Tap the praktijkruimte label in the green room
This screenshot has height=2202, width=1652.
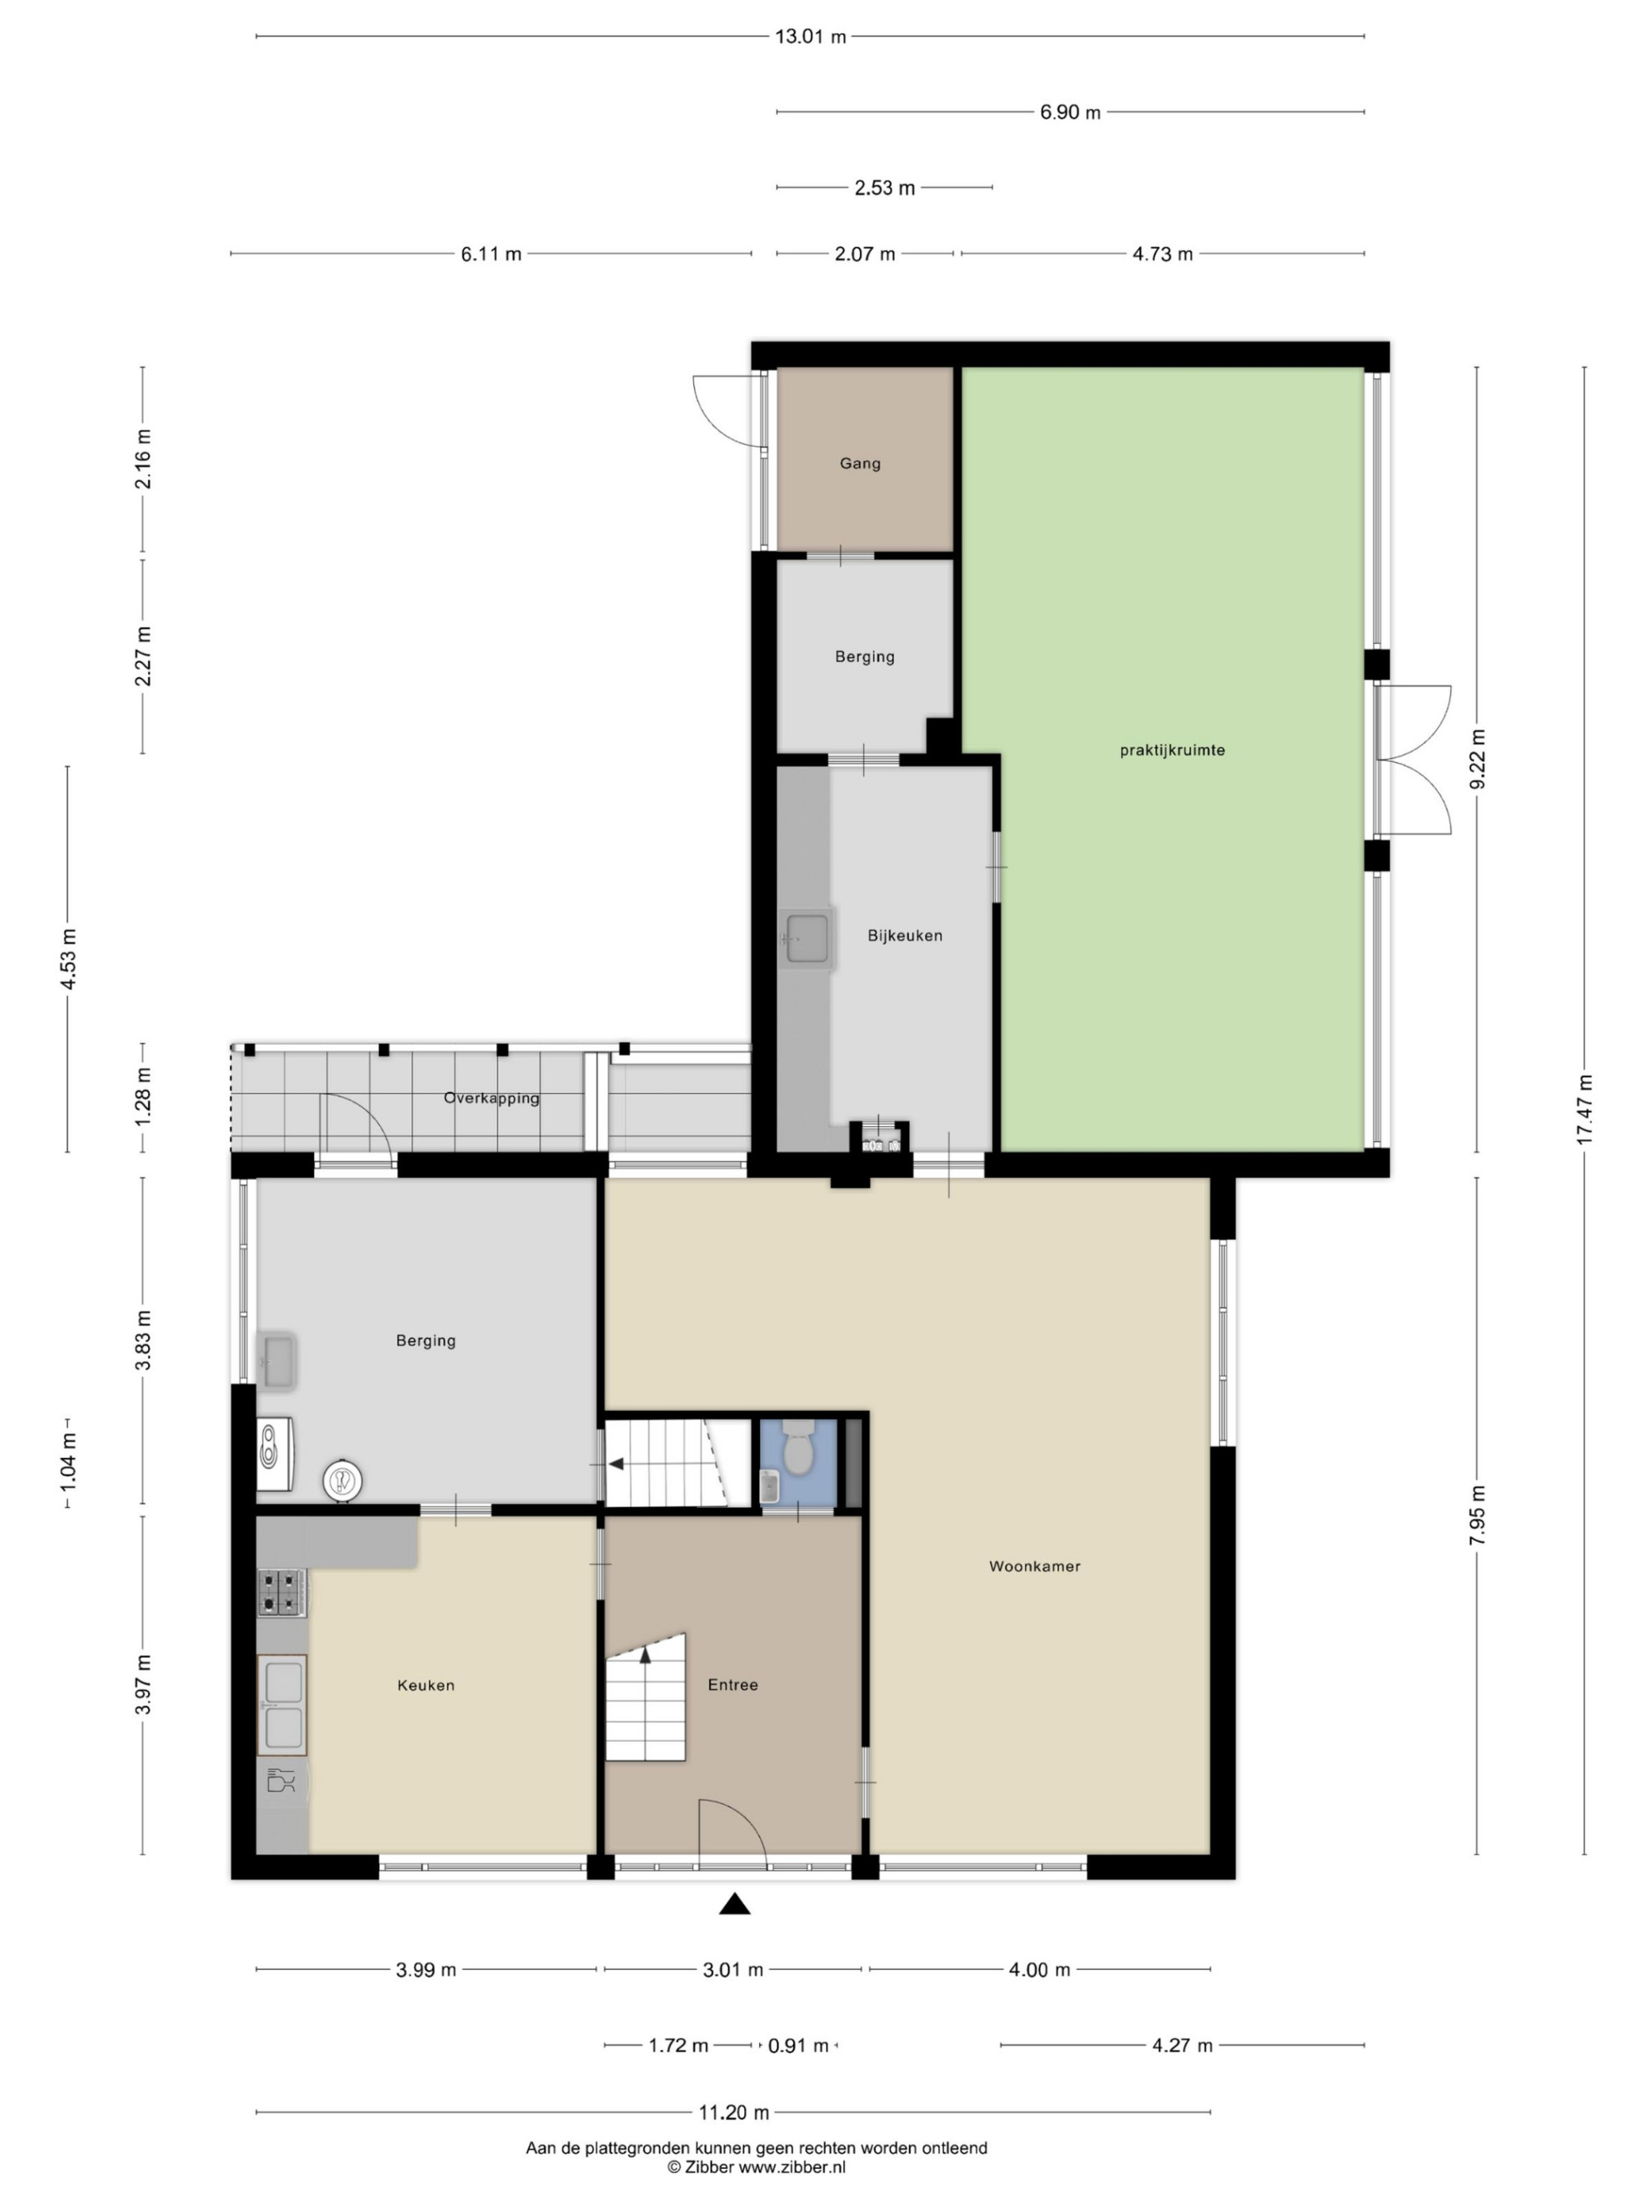click(x=1171, y=751)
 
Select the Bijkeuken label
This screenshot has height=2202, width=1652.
click(x=904, y=935)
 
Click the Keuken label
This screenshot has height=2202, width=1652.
click(x=425, y=1685)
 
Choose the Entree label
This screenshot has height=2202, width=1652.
click(x=733, y=1684)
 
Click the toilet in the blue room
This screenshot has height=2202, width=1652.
click(x=798, y=1448)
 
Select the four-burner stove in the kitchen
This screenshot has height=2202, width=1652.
click(x=281, y=1593)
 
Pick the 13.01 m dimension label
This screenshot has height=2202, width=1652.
click(x=809, y=37)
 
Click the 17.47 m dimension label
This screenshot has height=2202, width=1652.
click(x=1584, y=1109)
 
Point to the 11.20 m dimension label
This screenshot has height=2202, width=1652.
click(x=733, y=2112)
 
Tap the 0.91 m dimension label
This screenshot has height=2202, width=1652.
click(x=798, y=2046)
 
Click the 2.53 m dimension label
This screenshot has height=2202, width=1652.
click(x=885, y=188)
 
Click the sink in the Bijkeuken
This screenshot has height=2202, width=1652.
click(x=806, y=939)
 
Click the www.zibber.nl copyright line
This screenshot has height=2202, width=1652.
click(x=756, y=2167)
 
